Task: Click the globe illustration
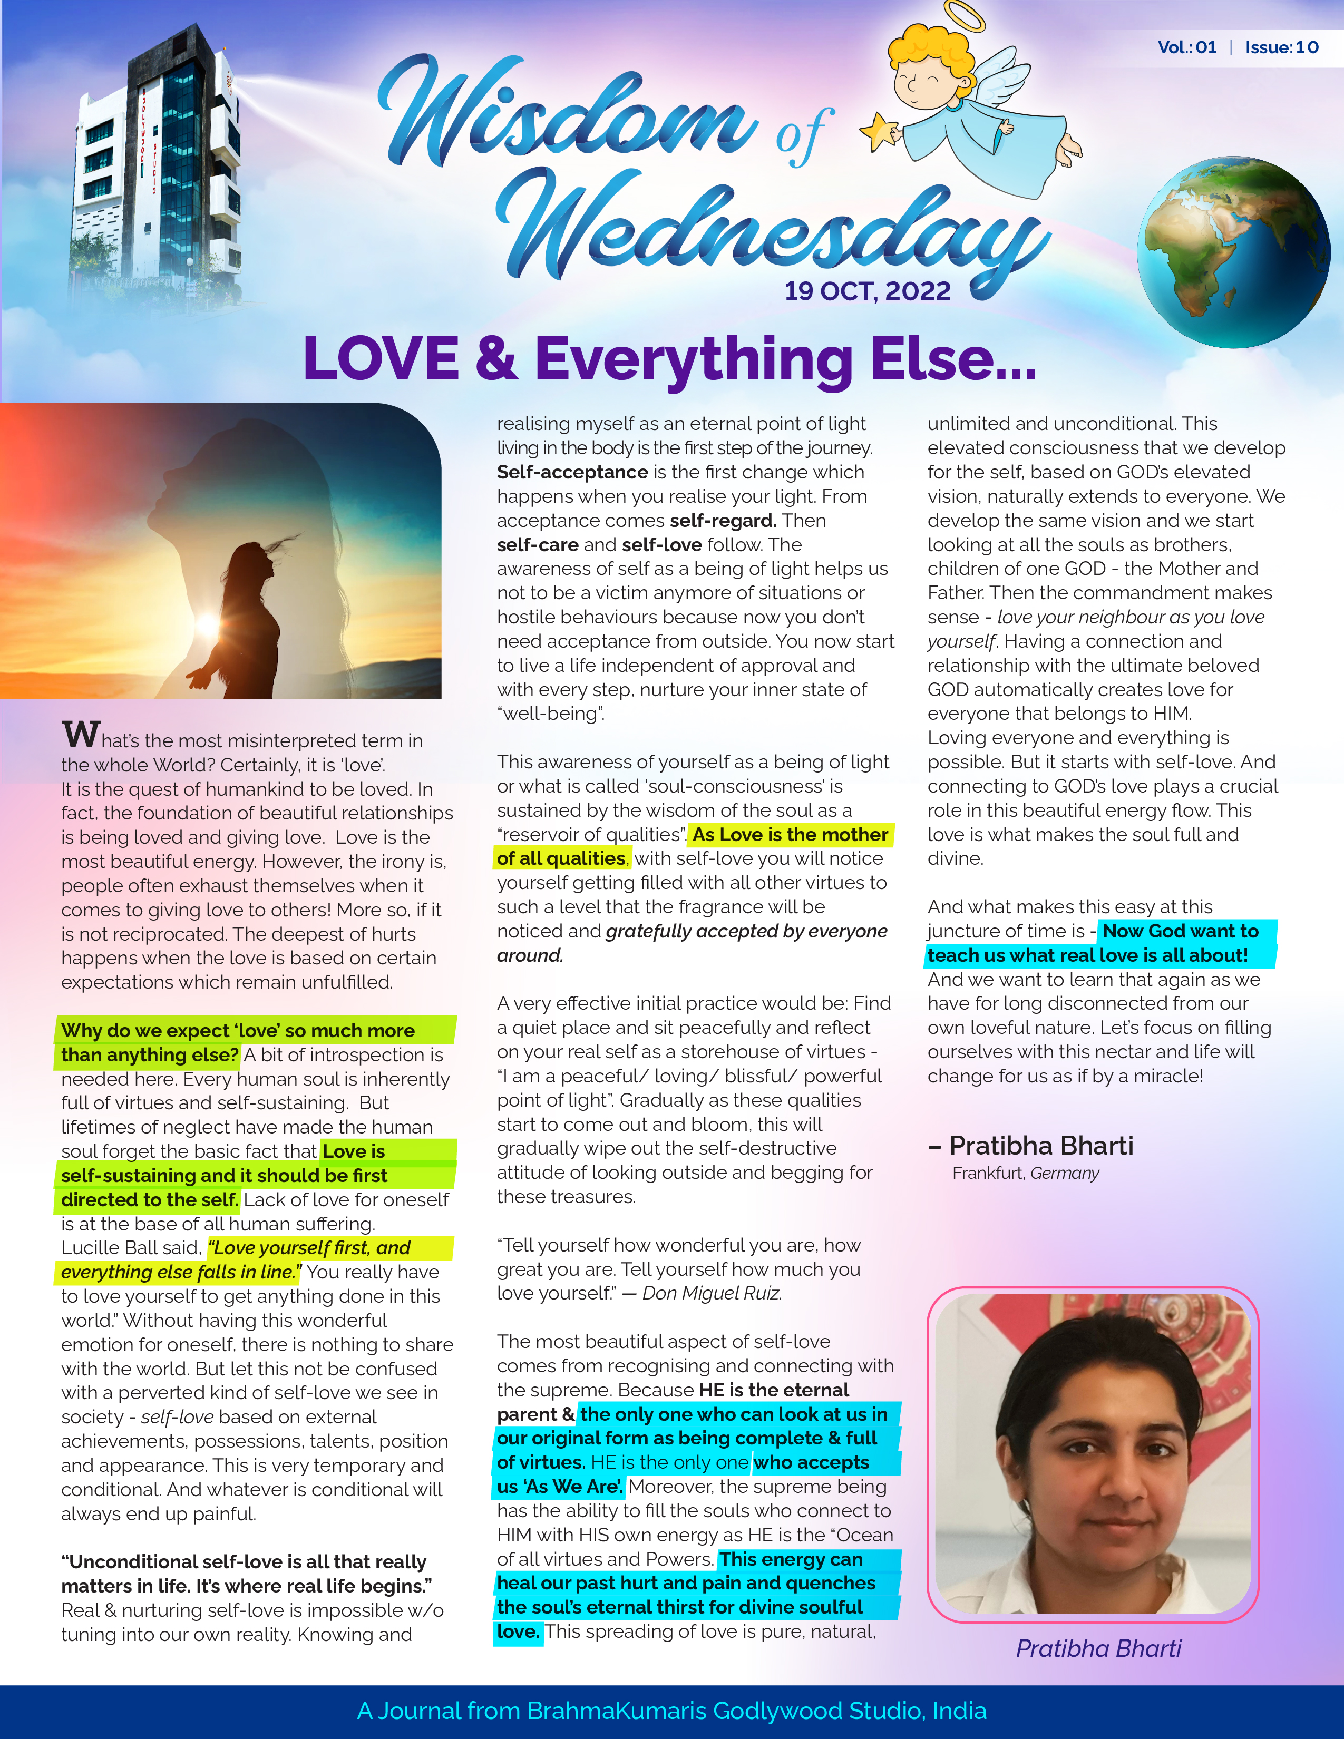click(x=1233, y=251)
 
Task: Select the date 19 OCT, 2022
click(x=867, y=291)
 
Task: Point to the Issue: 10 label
click(x=1281, y=47)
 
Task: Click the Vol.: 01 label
click(x=1186, y=47)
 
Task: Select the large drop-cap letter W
click(x=81, y=734)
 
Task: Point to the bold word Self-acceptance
click(x=572, y=472)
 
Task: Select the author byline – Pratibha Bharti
click(x=1030, y=1145)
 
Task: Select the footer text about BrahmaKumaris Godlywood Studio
click(x=671, y=1711)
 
